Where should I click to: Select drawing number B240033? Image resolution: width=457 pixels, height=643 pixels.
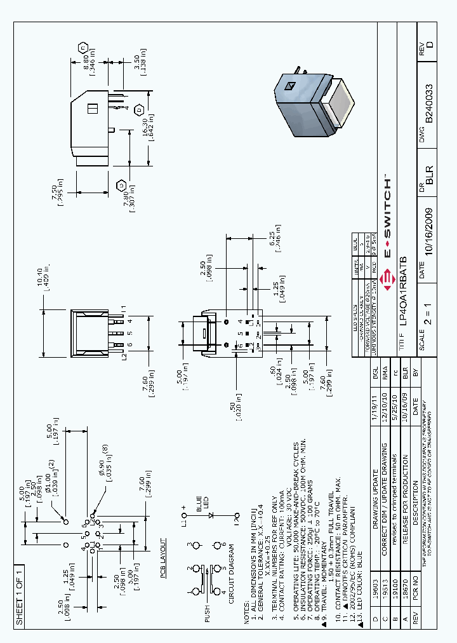pos(430,102)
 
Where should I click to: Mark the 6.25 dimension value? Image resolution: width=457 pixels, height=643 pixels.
pos(273,234)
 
